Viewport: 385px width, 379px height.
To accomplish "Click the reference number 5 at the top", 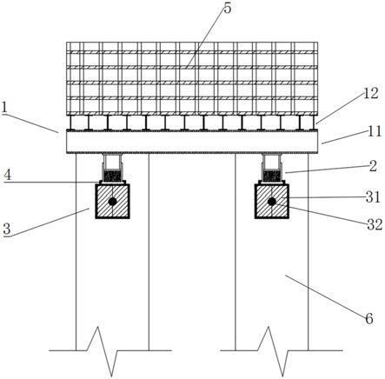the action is pyautogui.click(x=228, y=9).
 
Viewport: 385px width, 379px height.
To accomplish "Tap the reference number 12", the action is pyautogui.click(x=371, y=94).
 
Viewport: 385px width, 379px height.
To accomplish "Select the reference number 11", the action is pyautogui.click(x=375, y=131).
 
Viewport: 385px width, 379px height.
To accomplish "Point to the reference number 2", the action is pyautogui.click(x=373, y=166).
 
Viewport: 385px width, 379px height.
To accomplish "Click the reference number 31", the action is pyautogui.click(x=373, y=197).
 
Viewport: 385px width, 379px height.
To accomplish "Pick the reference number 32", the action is pyautogui.click(x=375, y=224).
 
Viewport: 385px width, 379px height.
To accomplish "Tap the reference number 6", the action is pyautogui.click(x=369, y=319).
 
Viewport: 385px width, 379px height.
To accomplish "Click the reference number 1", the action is pyautogui.click(x=4, y=108).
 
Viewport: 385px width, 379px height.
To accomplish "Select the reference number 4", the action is pyautogui.click(x=8, y=176).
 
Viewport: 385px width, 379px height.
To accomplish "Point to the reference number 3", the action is pyautogui.click(x=7, y=229).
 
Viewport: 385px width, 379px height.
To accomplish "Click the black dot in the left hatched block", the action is pyautogui.click(x=112, y=202).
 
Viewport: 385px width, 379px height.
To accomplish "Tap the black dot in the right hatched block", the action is pyautogui.click(x=271, y=202).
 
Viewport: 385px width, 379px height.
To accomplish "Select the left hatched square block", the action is pyautogui.click(x=112, y=202).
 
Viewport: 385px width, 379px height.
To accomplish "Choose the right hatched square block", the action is pyautogui.click(x=271, y=202).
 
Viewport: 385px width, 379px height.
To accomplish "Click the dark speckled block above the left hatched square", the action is pyautogui.click(x=112, y=176).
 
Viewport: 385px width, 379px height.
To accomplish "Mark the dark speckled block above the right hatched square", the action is pyautogui.click(x=272, y=176).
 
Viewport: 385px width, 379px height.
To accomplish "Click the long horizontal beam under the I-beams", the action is pyautogui.click(x=192, y=142).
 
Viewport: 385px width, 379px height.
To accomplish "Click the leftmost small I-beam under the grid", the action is pyautogui.click(x=70, y=123).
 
